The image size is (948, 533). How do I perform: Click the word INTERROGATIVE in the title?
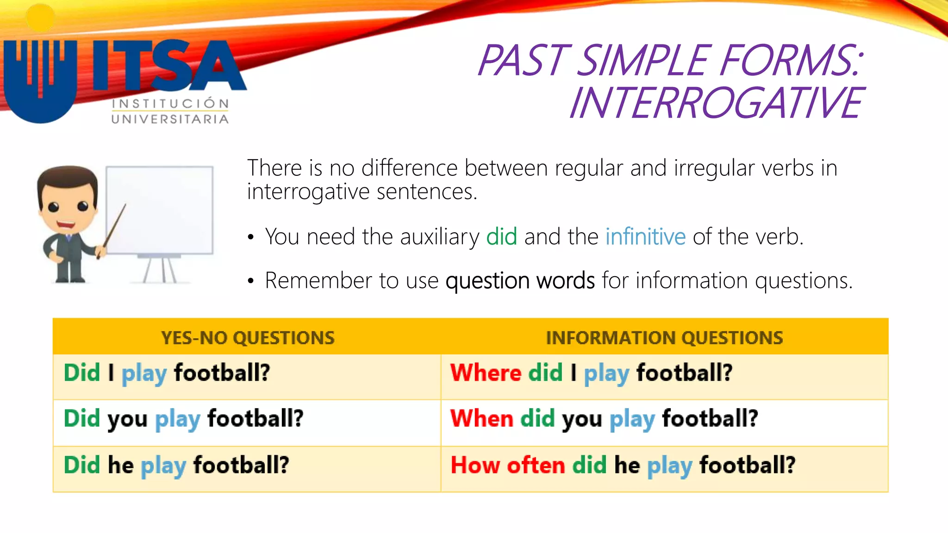point(716,103)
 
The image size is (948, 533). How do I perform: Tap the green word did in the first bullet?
point(501,237)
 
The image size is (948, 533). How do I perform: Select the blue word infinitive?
point(645,237)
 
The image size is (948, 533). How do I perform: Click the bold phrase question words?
point(520,280)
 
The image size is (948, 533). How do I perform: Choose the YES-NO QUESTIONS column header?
point(248,338)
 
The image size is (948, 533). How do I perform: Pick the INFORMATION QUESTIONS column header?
point(664,338)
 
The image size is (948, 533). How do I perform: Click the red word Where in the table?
point(486,372)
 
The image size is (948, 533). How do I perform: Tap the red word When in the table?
point(481,418)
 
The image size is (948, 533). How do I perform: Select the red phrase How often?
point(507,465)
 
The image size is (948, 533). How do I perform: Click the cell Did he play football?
point(176,465)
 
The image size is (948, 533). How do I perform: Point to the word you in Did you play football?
point(127,419)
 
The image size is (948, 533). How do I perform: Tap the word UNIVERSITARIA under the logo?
point(170,119)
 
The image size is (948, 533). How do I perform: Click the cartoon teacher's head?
point(68,199)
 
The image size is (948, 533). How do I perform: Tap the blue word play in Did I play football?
point(144,373)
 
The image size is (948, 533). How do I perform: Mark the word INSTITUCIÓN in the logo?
point(170,104)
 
